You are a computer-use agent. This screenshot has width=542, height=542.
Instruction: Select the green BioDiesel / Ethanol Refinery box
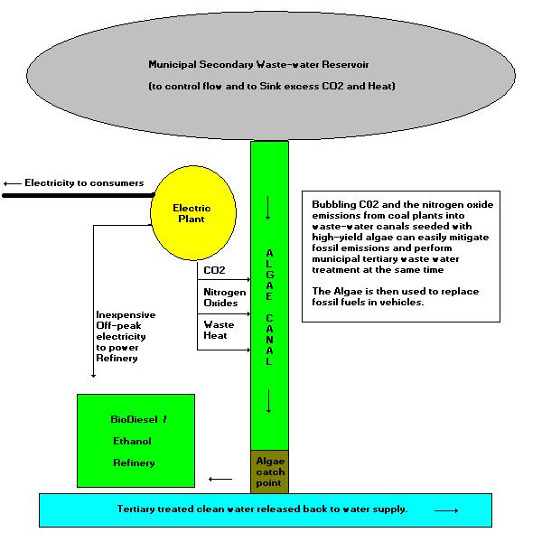click(136, 441)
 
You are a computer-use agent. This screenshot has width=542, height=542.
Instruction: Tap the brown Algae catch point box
click(269, 471)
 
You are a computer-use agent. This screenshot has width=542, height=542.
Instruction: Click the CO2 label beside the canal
click(214, 269)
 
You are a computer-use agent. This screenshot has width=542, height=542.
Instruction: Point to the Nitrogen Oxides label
click(224, 298)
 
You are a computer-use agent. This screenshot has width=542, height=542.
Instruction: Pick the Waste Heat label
click(219, 330)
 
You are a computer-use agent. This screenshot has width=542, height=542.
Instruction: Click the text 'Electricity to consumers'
click(84, 183)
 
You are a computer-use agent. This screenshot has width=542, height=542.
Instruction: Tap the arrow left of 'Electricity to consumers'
click(12, 183)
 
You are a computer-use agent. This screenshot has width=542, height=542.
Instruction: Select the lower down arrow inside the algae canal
click(269, 406)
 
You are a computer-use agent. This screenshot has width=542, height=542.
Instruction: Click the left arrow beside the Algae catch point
click(218, 479)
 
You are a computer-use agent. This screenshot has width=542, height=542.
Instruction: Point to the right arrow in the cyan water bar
click(446, 510)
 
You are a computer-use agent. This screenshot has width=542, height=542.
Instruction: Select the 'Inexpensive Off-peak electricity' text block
click(125, 336)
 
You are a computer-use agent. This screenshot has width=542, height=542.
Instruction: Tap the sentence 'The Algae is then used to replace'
click(395, 291)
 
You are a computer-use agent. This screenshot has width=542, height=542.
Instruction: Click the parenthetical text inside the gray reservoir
click(271, 86)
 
